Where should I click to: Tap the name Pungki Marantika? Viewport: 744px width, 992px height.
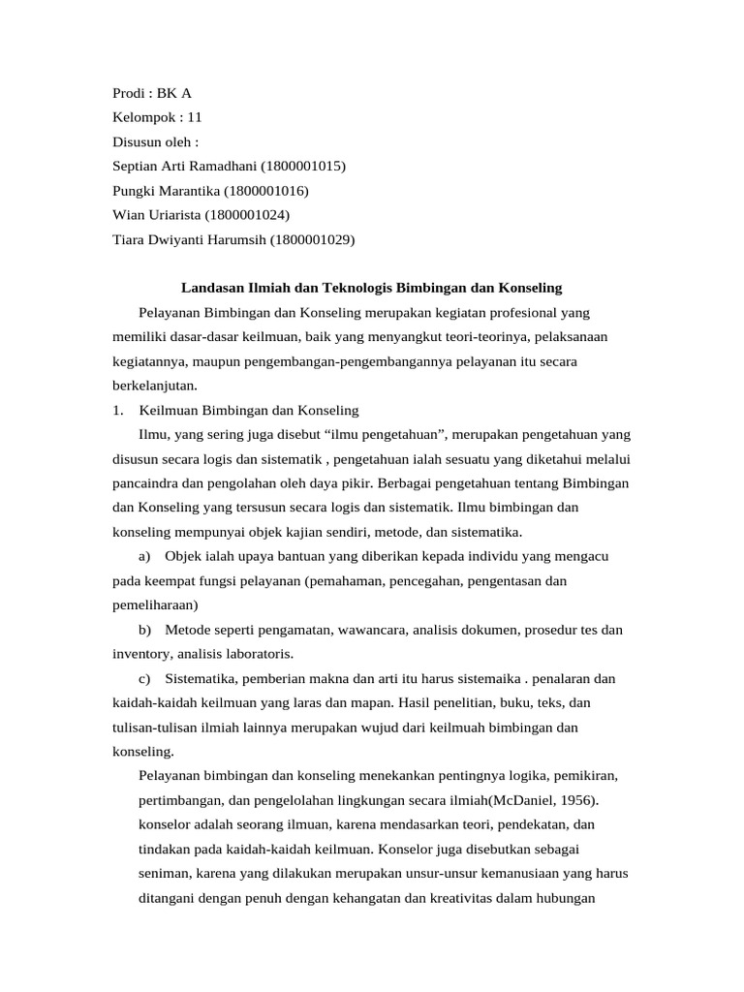pos(166,190)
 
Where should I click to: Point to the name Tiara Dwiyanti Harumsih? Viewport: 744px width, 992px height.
pos(188,238)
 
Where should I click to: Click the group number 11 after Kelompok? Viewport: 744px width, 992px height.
pos(195,117)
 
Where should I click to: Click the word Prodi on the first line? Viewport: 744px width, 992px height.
pos(130,93)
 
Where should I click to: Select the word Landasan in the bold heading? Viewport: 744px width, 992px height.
pos(211,288)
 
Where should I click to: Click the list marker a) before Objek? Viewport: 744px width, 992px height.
pos(145,556)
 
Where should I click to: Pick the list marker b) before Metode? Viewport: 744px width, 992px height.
pos(145,630)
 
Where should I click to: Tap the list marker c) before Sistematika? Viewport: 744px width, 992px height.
pos(145,678)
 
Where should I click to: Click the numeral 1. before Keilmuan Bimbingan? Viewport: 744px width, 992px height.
pos(119,410)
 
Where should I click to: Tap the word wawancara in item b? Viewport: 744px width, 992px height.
pos(373,630)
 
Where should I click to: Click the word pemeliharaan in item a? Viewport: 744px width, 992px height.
pos(155,604)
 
